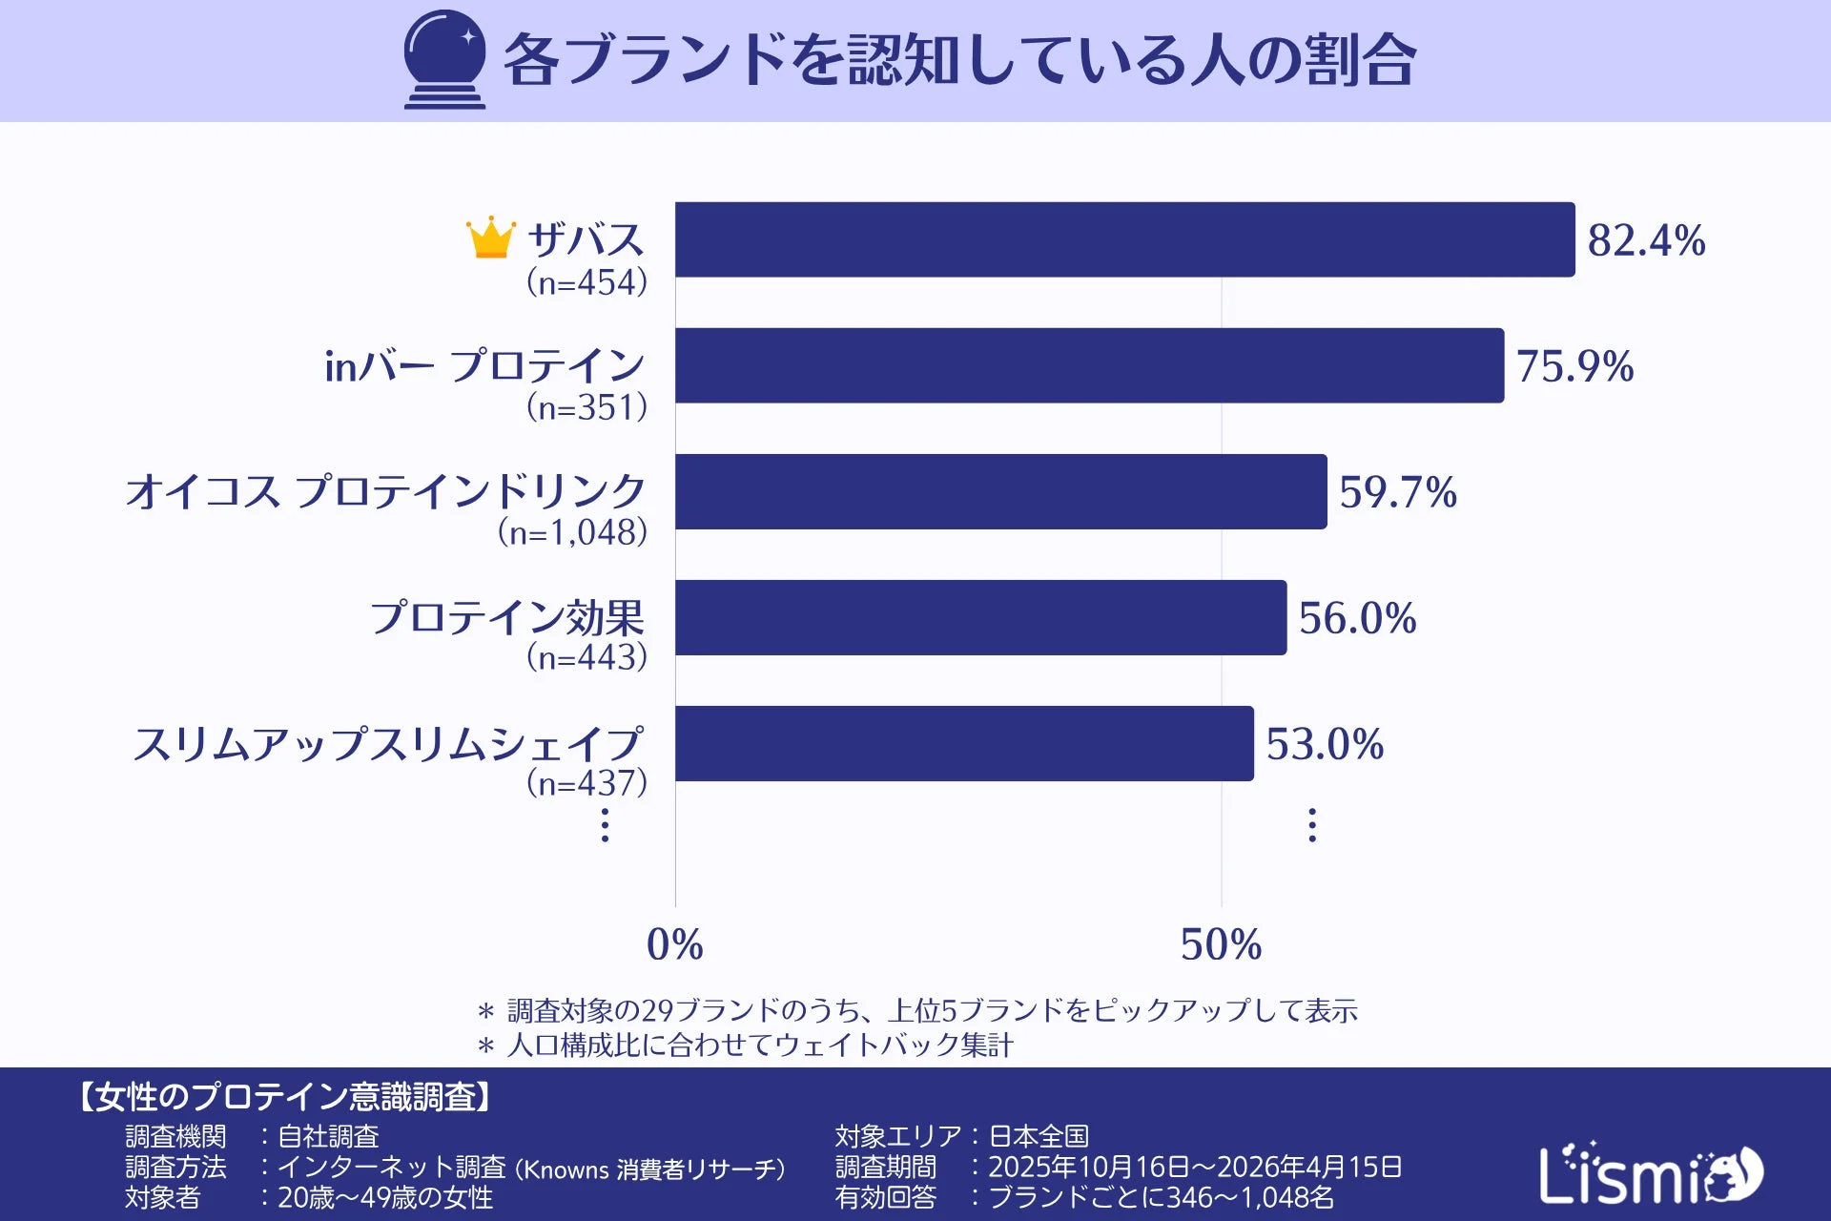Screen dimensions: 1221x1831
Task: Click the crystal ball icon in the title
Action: click(x=444, y=59)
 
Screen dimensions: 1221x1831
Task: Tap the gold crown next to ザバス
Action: click(x=490, y=238)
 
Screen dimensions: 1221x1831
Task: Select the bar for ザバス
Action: click(x=1124, y=239)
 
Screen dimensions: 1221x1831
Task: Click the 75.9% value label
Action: click(x=1574, y=366)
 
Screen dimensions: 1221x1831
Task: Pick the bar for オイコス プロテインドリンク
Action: click(x=1000, y=491)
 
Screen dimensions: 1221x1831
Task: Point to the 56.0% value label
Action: click(x=1357, y=618)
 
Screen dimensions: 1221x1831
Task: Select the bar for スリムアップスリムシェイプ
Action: click(x=964, y=743)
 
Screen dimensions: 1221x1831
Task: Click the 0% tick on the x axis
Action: click(x=674, y=944)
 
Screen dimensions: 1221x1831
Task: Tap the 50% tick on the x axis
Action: click(x=1221, y=944)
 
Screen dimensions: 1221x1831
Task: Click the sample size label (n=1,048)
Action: click(x=572, y=532)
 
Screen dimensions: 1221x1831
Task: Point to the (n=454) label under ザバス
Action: click(x=586, y=282)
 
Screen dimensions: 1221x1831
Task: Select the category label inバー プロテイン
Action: click(x=484, y=365)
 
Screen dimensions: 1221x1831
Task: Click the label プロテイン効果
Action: click(x=507, y=617)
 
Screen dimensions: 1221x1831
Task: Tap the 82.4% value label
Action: click(x=1646, y=240)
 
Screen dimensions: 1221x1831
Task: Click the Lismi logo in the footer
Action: click(x=1650, y=1173)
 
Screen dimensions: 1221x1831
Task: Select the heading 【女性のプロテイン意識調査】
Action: click(x=284, y=1097)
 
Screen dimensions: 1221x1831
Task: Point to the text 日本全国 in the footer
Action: click(x=1039, y=1136)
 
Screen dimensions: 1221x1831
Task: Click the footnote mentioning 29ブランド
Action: click(x=917, y=1010)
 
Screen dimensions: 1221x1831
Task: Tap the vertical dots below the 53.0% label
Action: click(x=1312, y=824)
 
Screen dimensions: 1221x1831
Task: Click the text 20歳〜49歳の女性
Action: click(x=384, y=1197)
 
